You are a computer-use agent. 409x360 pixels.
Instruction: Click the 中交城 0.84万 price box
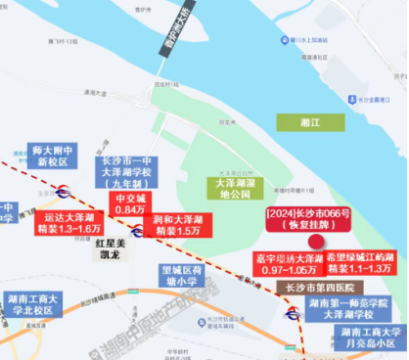click(x=129, y=202)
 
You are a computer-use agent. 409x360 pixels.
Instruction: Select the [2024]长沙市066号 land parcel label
click(x=301, y=217)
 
